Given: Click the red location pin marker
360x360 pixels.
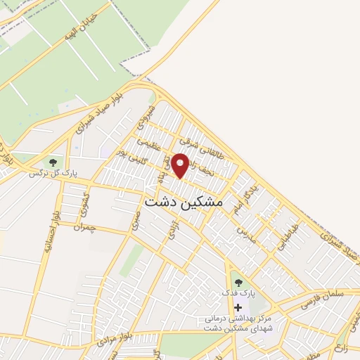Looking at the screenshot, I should click(181, 165).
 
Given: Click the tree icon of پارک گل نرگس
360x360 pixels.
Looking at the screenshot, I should click(53, 163).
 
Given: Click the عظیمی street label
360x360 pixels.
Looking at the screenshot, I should click(148, 144).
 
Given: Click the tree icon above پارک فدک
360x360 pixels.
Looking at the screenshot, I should click(238, 283).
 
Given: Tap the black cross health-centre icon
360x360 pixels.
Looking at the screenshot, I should click(238, 307).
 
